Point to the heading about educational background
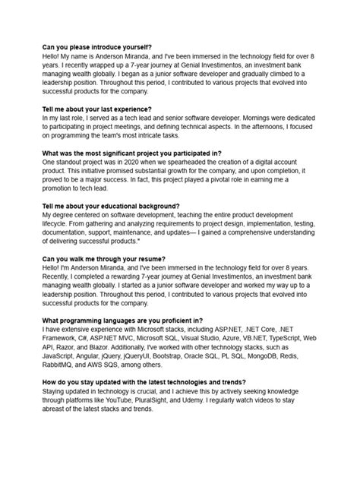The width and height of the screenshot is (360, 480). tap(111, 206)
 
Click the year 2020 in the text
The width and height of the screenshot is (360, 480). tap(142, 162)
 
